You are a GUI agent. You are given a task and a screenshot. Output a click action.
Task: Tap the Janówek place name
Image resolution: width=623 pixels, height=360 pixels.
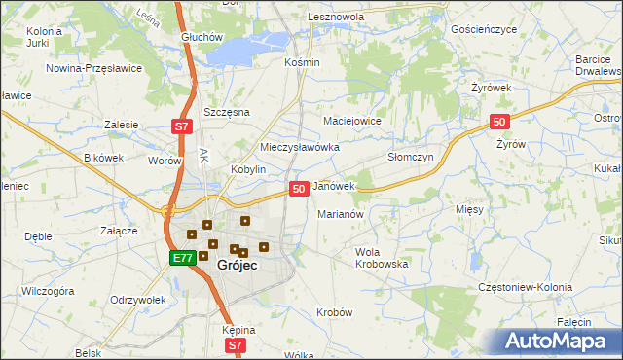(x=334, y=185)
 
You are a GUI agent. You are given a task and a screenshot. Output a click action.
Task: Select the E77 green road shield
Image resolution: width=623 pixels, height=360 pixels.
(x=181, y=258)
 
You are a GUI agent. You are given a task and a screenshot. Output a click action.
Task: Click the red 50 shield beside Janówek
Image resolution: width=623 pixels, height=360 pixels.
(x=299, y=188)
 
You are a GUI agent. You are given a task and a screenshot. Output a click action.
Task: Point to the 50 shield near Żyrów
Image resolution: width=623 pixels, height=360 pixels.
(x=499, y=121)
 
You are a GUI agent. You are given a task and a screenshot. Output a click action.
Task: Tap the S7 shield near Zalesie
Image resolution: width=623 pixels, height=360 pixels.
(x=181, y=126)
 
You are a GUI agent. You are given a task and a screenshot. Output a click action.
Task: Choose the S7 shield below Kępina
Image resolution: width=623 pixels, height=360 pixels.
(x=235, y=345)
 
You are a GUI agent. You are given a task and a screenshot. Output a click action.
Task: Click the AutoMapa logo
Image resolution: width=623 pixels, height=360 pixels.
(x=554, y=342)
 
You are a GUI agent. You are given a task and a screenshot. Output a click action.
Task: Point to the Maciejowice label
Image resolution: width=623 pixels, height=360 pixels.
(x=351, y=121)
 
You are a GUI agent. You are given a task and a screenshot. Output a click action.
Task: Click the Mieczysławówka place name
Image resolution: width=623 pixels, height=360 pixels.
(x=300, y=147)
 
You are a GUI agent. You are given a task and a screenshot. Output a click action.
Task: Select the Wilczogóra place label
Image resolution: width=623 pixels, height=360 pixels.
(x=48, y=290)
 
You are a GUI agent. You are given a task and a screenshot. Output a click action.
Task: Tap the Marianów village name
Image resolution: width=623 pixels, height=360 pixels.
(x=341, y=214)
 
